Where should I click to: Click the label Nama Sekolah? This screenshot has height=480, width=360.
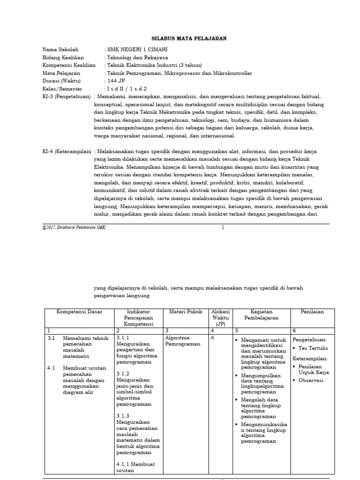coord(60,49)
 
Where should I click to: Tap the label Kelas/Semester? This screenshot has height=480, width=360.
coord(62,89)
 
